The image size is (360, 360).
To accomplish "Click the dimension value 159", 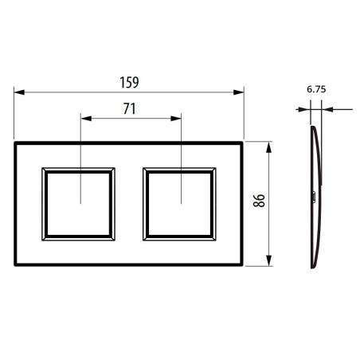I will coord(129,81).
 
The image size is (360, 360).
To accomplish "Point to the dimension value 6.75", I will coord(318,90).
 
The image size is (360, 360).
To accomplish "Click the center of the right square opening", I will coord(179,203).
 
